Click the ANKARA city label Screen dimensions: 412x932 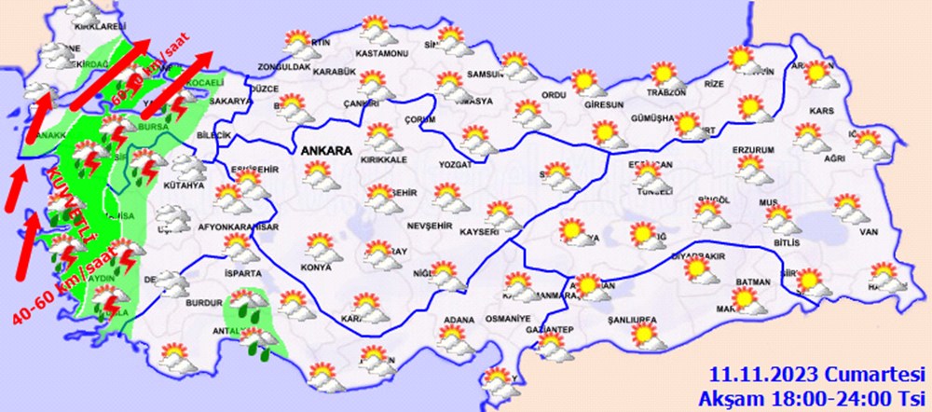tap(324, 149)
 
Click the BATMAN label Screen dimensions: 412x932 tap(752, 282)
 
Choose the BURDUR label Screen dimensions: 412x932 tap(204, 303)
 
